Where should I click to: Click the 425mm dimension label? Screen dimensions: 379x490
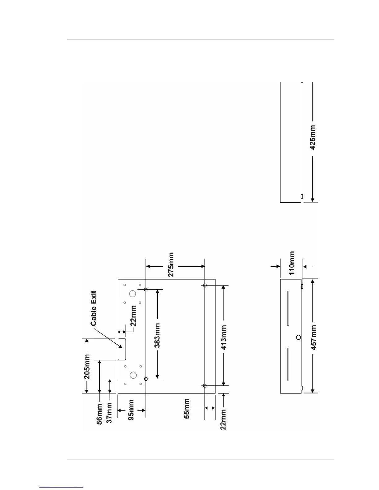click(313, 138)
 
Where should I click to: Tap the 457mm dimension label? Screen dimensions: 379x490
click(314, 337)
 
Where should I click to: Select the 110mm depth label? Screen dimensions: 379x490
click(292, 263)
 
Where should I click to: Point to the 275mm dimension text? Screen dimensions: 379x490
click(170, 264)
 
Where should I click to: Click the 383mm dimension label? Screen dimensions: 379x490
click(157, 336)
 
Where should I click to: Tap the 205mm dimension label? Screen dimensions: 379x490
click(87, 367)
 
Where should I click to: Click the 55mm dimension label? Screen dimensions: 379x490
click(187, 409)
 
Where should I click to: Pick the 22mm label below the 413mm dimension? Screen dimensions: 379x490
click(223, 419)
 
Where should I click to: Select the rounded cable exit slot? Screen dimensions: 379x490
click(122, 349)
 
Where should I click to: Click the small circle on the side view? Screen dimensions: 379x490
click(298, 337)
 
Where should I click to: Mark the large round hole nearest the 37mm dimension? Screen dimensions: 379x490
click(133, 375)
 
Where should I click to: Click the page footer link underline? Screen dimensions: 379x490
click(62, 488)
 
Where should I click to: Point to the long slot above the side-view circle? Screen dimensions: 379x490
click(288, 308)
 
